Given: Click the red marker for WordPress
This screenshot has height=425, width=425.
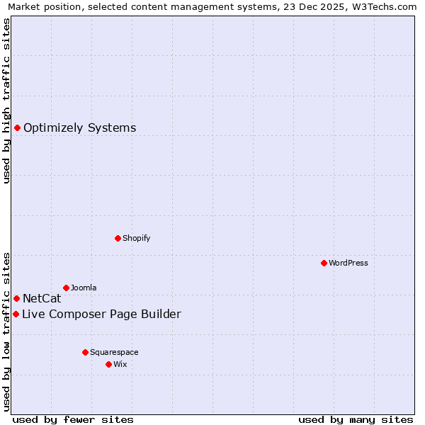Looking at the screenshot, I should point(324,263).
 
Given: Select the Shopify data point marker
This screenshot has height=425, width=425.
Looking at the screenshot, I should point(118,238).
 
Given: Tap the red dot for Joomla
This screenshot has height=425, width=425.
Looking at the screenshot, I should point(66,288).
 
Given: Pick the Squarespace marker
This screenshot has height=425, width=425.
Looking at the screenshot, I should point(85,352).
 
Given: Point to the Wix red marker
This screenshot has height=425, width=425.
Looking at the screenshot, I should point(108,364).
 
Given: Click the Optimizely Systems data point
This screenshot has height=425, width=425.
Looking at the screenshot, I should point(17,127).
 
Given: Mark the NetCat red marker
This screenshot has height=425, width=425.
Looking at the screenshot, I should point(16,298).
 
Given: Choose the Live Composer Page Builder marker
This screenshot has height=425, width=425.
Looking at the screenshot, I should point(16,314).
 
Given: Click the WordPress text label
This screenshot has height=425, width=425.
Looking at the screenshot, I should point(348,263).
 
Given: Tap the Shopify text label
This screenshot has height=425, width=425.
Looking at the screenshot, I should point(137,238).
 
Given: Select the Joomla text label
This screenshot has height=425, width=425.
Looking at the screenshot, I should point(84,288).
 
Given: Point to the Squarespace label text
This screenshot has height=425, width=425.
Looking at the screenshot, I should point(114,352).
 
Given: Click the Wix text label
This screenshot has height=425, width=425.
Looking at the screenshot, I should point(120,364).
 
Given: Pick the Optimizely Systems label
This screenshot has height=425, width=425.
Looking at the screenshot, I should point(79,128).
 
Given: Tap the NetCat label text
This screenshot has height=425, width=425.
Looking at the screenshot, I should point(42,299).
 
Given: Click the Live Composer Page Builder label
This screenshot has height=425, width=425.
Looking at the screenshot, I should point(101,314).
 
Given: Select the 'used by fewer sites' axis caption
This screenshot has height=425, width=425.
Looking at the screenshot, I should point(73,419).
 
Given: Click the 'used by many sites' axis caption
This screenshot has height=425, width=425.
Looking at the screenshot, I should point(356,419).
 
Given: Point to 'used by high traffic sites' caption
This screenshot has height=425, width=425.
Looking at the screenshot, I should point(6,101).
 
